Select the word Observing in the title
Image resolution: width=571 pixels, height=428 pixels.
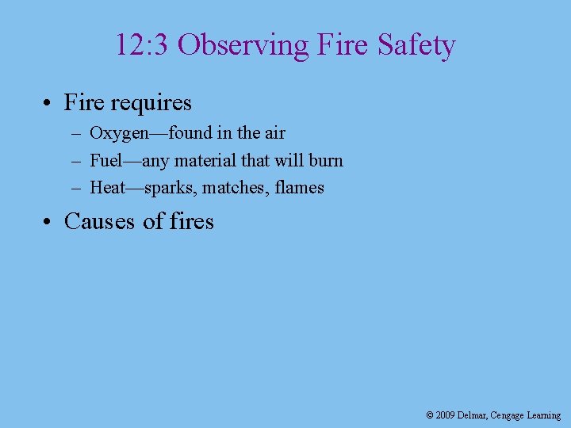pos(243,46)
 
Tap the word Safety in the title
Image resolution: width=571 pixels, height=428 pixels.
pos(416,46)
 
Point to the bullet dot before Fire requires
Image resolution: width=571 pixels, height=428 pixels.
pos(48,103)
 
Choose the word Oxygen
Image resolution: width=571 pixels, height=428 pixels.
pos(120,133)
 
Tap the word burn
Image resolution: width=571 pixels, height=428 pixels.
pos(325,160)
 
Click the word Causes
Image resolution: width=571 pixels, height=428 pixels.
pos(100,221)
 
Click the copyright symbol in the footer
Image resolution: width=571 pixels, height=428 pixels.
pos(430,415)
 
